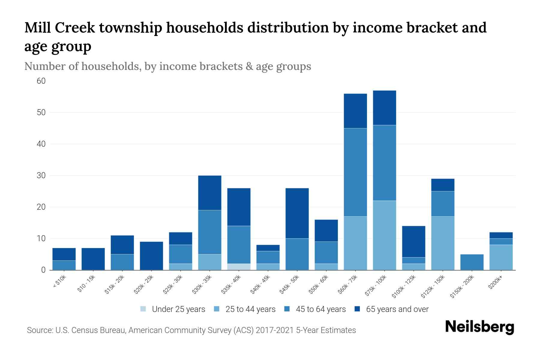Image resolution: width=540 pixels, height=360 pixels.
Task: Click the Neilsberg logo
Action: point(479,327)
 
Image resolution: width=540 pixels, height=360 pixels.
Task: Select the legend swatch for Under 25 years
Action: point(143,309)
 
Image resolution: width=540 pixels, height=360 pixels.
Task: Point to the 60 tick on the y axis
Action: point(41,81)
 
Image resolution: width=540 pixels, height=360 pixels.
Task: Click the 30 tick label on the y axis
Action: point(41,175)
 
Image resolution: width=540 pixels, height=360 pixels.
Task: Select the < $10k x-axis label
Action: point(59,282)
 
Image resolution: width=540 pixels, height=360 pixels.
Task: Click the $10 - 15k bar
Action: point(93,259)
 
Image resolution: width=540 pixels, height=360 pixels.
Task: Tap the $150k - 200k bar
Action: point(472,262)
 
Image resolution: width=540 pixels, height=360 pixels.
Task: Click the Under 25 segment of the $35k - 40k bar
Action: point(239,267)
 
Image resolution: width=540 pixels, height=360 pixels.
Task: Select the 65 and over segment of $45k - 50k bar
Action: point(297,213)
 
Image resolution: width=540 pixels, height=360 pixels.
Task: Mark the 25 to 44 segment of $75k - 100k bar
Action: point(384,235)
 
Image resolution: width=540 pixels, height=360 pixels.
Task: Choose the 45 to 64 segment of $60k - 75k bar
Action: point(355,172)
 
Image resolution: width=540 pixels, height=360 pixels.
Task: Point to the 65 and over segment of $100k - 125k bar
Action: point(414,241)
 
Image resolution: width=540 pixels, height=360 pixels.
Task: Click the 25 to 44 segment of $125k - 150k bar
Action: point(443,243)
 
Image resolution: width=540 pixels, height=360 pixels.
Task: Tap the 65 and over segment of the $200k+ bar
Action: point(501,235)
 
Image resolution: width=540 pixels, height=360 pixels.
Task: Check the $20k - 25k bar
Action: point(151,256)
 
